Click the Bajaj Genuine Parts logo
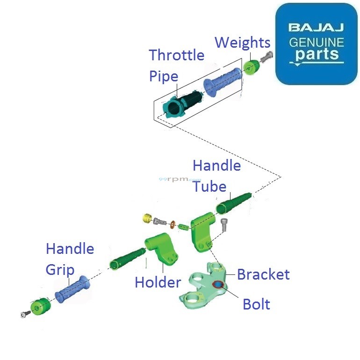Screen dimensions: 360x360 (316, 43)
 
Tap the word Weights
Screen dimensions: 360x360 (242, 43)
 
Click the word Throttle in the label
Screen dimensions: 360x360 (176, 55)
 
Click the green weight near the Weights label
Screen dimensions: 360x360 (251, 68)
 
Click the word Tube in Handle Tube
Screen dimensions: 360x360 (209, 186)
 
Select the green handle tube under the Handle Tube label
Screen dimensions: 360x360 (233, 202)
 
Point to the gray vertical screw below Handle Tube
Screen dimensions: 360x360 (223, 225)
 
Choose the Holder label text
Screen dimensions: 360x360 (158, 282)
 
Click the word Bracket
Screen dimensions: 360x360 (263, 274)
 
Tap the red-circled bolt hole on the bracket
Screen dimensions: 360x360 (218, 285)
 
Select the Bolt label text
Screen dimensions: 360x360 (256, 304)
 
